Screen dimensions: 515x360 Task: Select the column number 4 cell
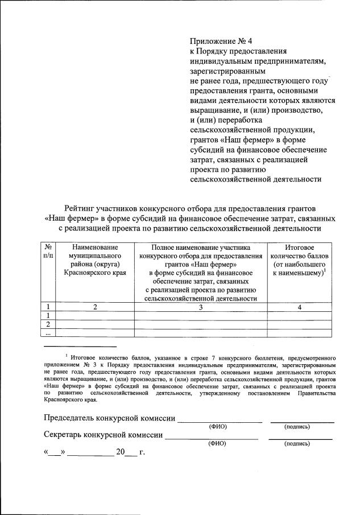pos(299,307)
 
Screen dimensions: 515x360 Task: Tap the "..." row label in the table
pos(48,333)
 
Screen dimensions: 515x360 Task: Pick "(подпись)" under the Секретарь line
pos(297,443)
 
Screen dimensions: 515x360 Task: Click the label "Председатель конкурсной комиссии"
pos(110,418)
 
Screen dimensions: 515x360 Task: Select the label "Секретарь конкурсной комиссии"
pos(103,435)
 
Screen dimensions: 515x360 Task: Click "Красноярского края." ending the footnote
pos(70,400)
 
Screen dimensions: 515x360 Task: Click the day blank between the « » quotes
pos(55,454)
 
